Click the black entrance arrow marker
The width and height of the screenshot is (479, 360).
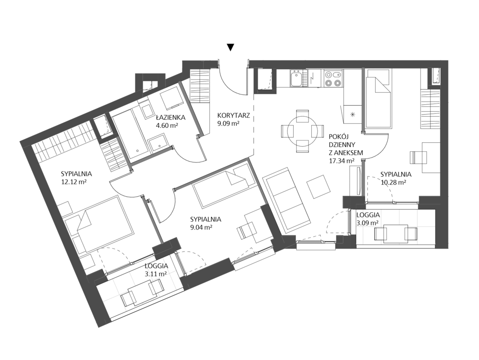click(231, 47)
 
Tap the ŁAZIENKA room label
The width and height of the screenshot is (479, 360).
click(171, 117)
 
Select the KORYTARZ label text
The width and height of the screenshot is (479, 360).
click(234, 116)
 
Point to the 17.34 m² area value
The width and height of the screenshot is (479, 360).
click(341, 161)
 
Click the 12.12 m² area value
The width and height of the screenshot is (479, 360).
click(74, 182)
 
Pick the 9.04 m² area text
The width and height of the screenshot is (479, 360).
click(201, 227)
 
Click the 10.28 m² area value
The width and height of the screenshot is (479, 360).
click(393, 182)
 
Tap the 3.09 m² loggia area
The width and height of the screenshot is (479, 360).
click(368, 223)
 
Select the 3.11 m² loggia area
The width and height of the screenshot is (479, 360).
click(156, 274)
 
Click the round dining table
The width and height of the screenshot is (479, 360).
click(302, 131)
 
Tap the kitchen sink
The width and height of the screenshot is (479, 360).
click(296, 79)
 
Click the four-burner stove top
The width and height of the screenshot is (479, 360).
click(333, 78)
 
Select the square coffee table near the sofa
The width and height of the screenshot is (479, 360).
click(318, 186)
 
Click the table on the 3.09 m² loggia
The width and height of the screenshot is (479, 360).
click(396, 234)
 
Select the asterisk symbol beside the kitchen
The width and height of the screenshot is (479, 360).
click(353, 115)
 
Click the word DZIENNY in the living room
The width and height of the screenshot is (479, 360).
click(341, 144)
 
